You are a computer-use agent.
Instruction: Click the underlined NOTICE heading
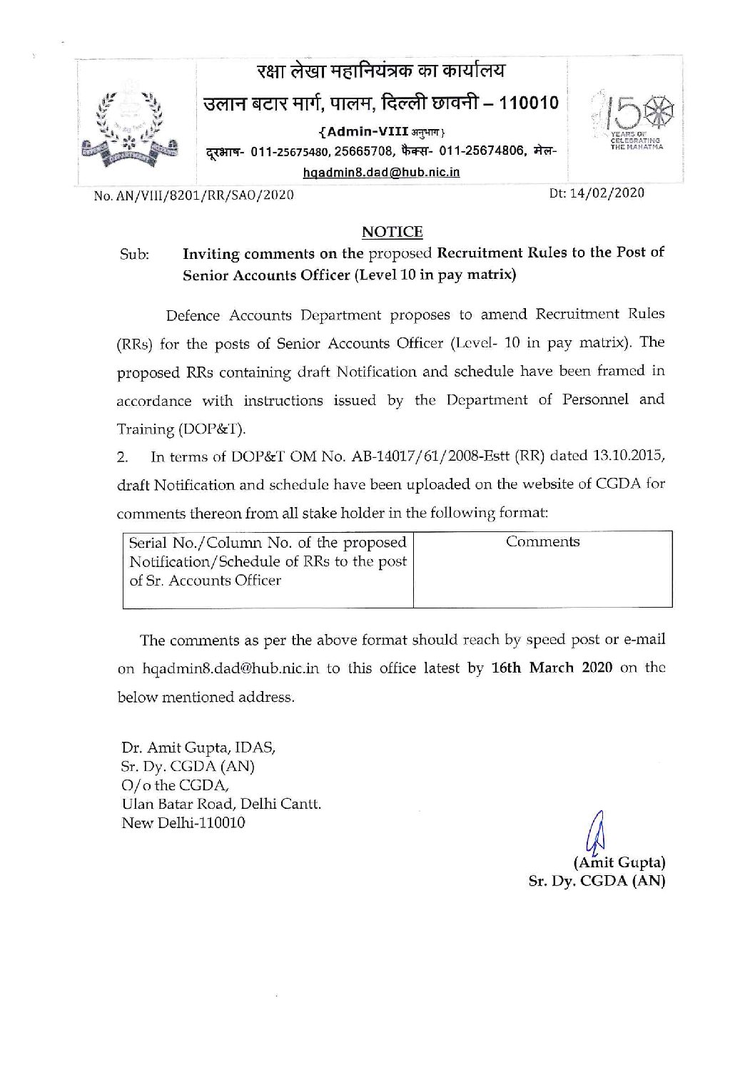392,231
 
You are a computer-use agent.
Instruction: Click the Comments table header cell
542,542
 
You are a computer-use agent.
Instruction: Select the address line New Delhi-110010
183,823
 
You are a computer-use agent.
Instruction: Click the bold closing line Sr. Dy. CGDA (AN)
596,881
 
